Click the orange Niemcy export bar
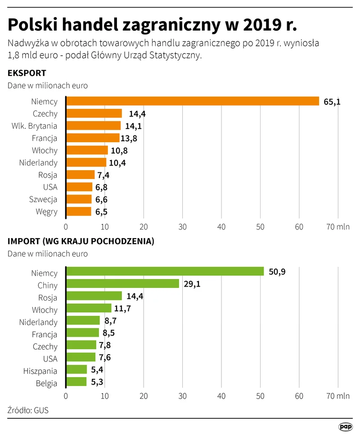tap(193, 101)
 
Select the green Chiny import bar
tap(122, 283)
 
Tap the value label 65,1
tap(332, 102)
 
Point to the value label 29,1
tap(192, 284)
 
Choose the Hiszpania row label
tap(40, 371)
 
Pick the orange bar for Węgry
tap(79, 211)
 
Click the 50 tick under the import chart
tap(260, 396)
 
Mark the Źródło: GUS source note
tap(28, 410)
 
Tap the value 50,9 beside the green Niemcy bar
tap(277, 272)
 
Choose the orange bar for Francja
tap(93, 138)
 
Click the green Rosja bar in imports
tap(94, 296)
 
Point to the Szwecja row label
tap(43, 199)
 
